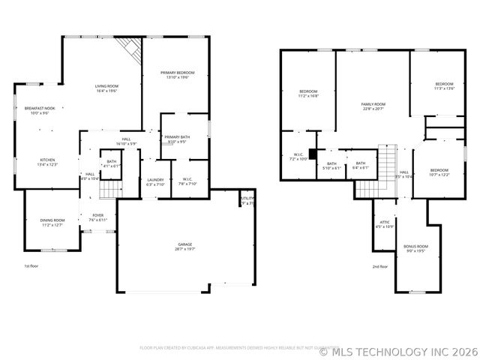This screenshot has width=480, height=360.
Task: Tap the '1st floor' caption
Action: (x=31, y=266)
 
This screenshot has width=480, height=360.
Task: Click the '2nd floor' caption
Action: (x=380, y=266)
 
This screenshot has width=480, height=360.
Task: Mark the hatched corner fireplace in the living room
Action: (x=132, y=50)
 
